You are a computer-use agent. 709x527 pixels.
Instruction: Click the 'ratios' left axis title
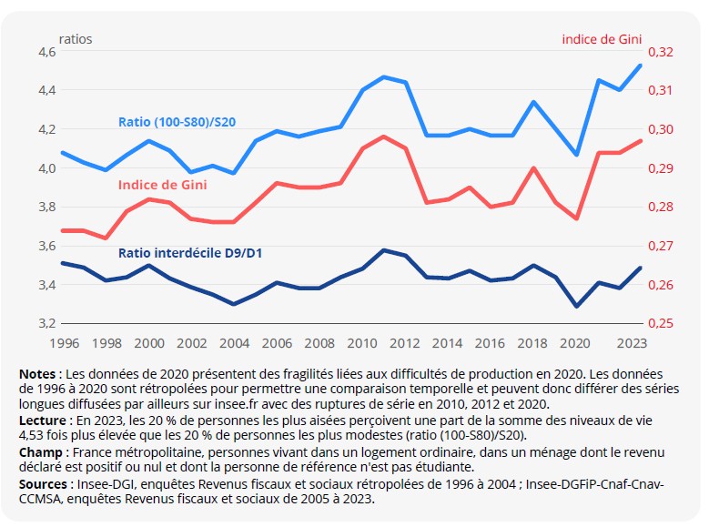click(x=76, y=39)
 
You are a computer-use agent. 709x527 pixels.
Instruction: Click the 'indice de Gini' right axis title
click(x=603, y=39)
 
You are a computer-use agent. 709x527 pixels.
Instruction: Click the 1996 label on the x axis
click(x=63, y=343)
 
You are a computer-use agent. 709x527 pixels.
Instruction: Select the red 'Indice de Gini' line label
click(x=162, y=185)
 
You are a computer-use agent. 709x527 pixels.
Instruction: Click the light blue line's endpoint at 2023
click(x=641, y=66)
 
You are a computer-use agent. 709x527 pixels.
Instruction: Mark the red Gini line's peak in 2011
click(x=384, y=136)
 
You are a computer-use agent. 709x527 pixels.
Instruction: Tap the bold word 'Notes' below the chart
click(x=38, y=374)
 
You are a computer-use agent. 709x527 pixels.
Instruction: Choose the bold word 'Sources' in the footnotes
click(x=44, y=484)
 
